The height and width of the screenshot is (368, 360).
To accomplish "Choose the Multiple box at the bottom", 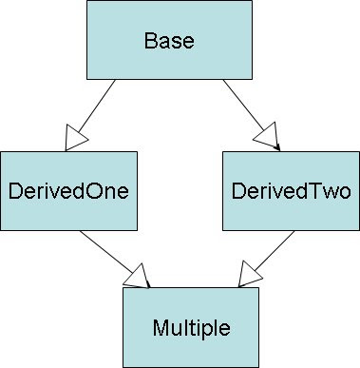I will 191,329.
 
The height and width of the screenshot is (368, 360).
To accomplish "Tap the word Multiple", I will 191,329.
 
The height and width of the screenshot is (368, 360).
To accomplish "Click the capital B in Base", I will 150,42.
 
